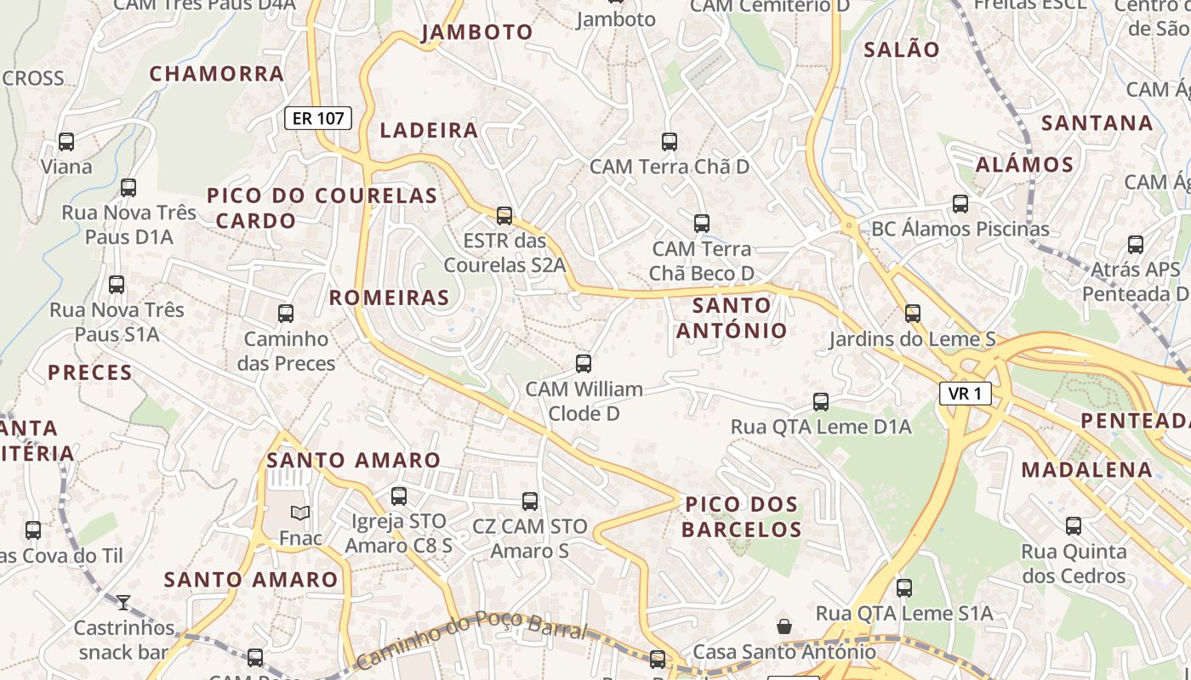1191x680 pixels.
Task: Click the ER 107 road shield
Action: [x=318, y=118]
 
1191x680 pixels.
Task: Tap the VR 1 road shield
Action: [x=965, y=394]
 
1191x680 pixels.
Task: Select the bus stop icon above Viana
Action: [x=66, y=141]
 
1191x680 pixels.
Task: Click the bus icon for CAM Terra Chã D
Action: [x=670, y=141]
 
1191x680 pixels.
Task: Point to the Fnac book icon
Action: [x=300, y=513]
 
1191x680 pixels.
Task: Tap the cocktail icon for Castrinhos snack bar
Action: [x=123, y=603]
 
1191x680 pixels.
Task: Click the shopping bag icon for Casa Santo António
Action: [x=784, y=626]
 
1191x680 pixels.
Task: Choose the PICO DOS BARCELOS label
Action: [x=742, y=517]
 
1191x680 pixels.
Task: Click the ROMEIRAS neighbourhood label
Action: [x=389, y=297]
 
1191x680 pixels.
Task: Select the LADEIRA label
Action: [x=429, y=130]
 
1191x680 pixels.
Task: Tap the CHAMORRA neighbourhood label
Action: [x=217, y=74]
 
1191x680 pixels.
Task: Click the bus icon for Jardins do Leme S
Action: [x=913, y=313]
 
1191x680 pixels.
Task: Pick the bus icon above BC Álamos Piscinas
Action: [x=960, y=203]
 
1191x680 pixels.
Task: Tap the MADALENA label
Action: [x=1086, y=469]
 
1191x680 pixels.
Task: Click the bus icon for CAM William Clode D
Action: [x=584, y=364]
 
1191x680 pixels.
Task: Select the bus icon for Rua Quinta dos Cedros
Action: [x=1074, y=525]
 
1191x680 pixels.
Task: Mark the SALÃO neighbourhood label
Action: [x=902, y=49]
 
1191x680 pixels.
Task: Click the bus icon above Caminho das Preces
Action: [x=286, y=313]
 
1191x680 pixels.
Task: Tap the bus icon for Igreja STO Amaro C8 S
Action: [x=399, y=496]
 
